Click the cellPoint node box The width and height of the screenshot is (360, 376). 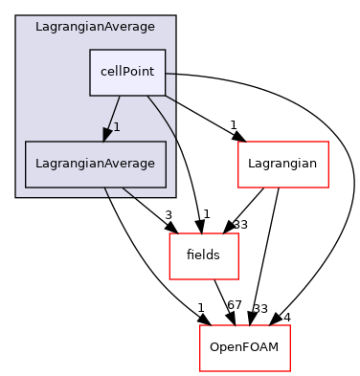pyautogui.click(x=127, y=73)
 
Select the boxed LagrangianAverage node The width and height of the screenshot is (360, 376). pyautogui.click(x=95, y=164)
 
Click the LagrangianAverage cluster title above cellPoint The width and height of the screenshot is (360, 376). pyautogui.click(x=95, y=27)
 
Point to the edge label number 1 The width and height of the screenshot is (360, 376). pyautogui.click(x=117, y=127)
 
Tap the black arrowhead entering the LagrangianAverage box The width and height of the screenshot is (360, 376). pyautogui.click(x=108, y=134)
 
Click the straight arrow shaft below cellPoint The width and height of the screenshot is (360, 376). pyautogui.click(x=115, y=110)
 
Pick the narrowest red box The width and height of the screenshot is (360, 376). pyautogui.click(x=203, y=256)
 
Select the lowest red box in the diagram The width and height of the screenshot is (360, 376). pyautogui.click(x=244, y=348)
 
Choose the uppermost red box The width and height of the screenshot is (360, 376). pyautogui.click(x=282, y=165)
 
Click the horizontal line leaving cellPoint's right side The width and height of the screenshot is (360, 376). pyautogui.click(x=170, y=74)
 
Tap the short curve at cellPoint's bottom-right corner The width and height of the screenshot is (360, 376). pyautogui.click(x=170, y=98)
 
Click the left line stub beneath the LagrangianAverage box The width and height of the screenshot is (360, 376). pyautogui.click(x=105, y=192)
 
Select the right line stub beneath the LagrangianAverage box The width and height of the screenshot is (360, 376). pyautogui.click(x=127, y=192)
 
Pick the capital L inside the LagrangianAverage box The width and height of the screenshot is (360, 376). pyautogui.click(x=39, y=164)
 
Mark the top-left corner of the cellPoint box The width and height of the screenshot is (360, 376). pyautogui.click(x=90, y=50)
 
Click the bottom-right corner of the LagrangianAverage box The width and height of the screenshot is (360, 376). pyautogui.click(x=166, y=188)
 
